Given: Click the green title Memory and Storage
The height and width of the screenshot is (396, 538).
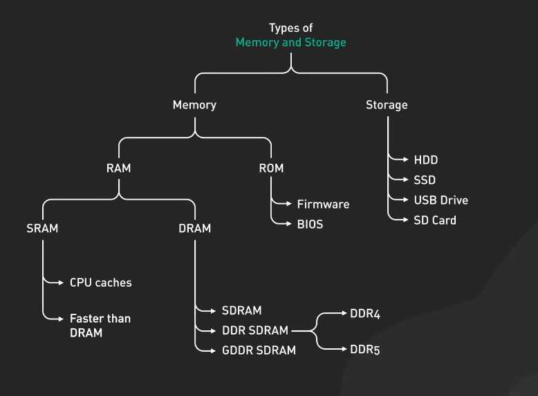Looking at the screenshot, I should pos(290,42).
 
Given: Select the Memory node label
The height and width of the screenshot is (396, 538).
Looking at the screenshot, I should pos(194,105).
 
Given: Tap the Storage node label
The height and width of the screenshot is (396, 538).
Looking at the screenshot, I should pos(387,105).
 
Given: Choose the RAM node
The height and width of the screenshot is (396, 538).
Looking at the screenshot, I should pos(118,168).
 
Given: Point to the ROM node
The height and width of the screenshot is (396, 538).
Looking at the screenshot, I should pos(271,168).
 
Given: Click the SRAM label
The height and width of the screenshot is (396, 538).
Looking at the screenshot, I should pos(42,228).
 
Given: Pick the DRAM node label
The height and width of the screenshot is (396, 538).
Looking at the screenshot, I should pos(194,228).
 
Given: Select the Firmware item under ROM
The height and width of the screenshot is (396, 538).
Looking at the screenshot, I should pos(323,204).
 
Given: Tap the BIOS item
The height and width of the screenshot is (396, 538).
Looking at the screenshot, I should pos(310,224).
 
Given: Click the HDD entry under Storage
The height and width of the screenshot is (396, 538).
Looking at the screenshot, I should pos(426,160).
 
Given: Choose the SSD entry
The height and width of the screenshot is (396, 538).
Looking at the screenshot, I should pos(425,180).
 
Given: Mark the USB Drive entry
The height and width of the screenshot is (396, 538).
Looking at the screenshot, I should pos(440,200).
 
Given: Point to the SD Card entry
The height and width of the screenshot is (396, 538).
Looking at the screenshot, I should pos(435,220).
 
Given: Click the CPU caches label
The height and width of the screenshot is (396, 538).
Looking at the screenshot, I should pos(100,282).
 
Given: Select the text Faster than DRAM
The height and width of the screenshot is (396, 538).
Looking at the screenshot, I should pos(100,326).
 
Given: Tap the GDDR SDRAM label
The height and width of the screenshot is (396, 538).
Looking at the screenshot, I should pos(259,350).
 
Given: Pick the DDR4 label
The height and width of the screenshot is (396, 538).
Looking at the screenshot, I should pos(365,314).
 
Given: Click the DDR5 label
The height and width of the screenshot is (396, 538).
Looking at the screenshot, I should pos(365,350).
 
